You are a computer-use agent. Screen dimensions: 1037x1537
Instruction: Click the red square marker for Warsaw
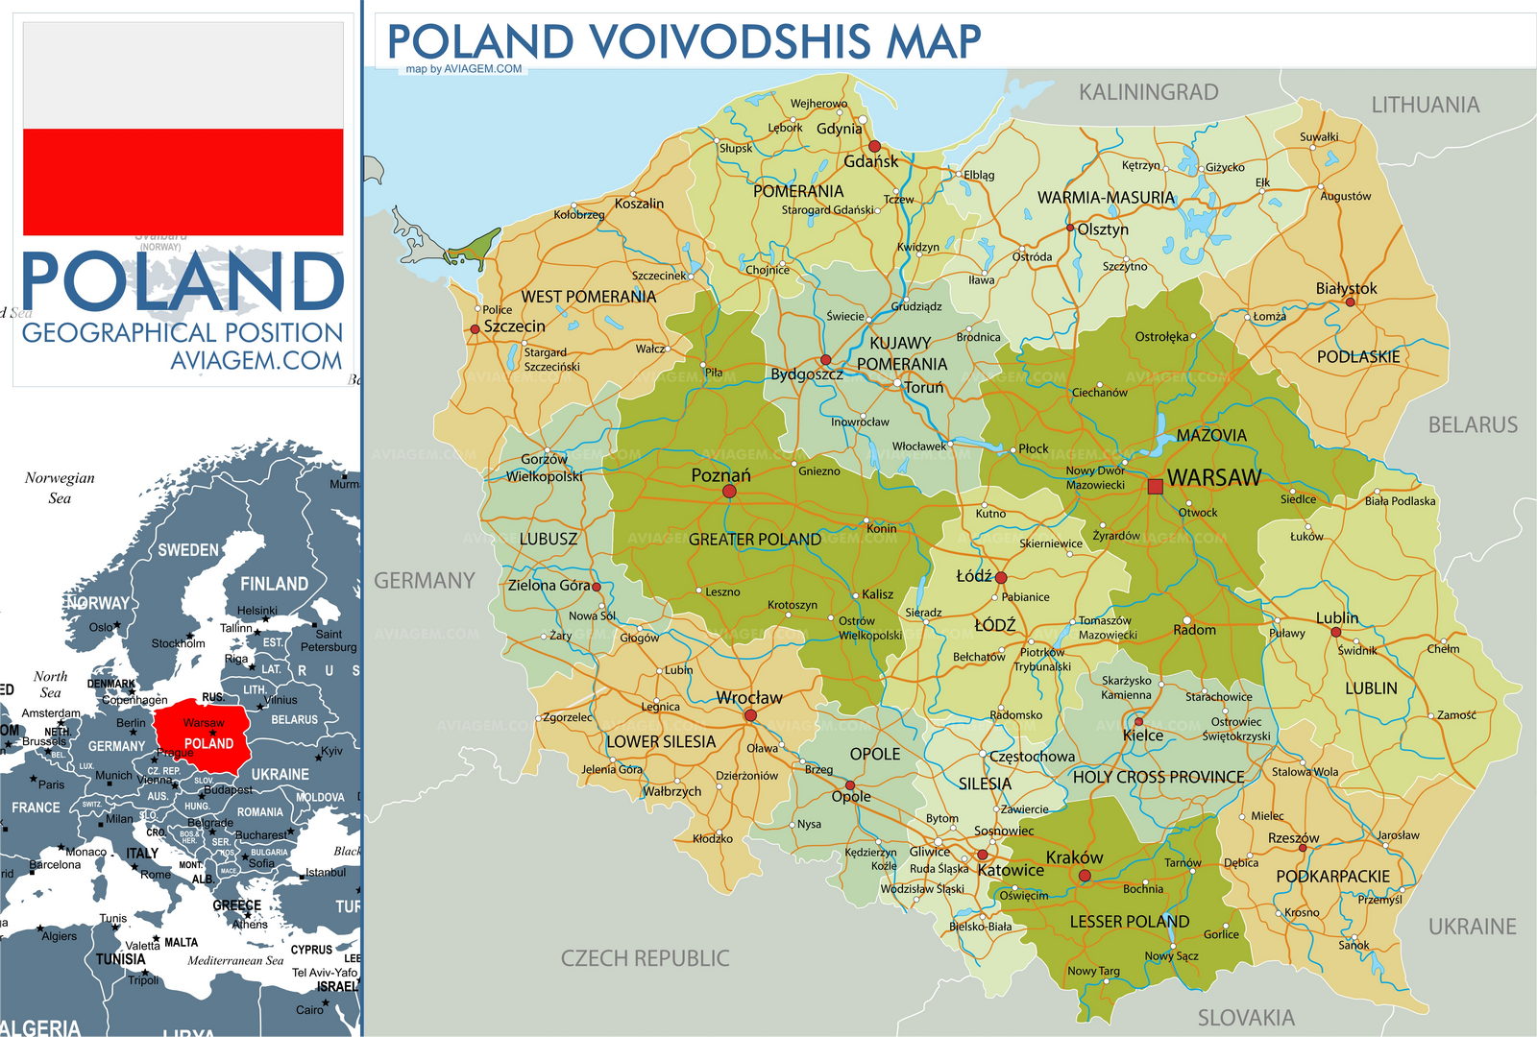click(x=1155, y=487)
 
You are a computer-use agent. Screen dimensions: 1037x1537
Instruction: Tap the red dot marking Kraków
click(x=1085, y=876)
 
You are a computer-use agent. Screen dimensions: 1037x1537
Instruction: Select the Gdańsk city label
click(x=871, y=161)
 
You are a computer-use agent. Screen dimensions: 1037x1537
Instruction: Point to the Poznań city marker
click(x=729, y=492)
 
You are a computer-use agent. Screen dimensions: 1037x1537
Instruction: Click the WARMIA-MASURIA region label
click(x=1106, y=198)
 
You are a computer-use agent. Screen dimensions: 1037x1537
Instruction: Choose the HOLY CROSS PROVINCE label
click(x=1158, y=777)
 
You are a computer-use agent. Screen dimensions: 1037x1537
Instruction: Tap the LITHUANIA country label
click(x=1425, y=105)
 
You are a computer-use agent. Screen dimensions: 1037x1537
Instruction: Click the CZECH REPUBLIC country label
click(x=645, y=958)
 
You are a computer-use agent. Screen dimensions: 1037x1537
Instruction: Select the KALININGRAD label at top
click(x=1148, y=92)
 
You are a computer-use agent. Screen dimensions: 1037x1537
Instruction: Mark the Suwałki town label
click(x=1318, y=137)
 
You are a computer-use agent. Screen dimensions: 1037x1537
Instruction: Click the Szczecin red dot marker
click(x=475, y=329)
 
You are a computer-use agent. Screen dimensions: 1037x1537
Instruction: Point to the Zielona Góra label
click(x=549, y=585)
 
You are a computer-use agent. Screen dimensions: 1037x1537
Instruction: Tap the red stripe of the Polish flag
click(x=183, y=182)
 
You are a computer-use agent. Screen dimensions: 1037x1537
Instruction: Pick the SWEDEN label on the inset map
click(x=188, y=550)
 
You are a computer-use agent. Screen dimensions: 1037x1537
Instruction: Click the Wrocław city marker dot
click(x=750, y=715)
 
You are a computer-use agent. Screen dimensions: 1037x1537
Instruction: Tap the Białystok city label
click(x=1346, y=288)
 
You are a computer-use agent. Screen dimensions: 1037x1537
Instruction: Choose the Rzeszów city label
click(x=1293, y=838)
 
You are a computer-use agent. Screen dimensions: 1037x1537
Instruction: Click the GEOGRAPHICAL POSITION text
click(x=183, y=332)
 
